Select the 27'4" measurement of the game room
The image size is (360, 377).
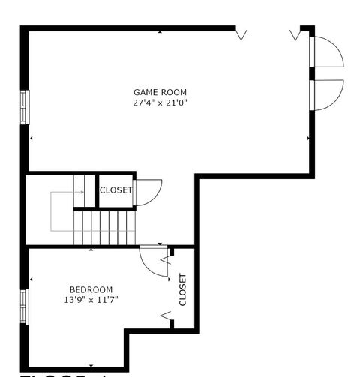pos(143,103)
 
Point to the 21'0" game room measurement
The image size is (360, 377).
pos(174,103)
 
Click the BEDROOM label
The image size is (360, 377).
pos(91,289)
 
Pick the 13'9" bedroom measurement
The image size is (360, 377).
pos(76,300)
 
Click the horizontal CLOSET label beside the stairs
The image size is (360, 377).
pos(115,190)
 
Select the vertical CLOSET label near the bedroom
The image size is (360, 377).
pos(182,289)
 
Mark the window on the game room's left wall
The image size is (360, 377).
pos(25,106)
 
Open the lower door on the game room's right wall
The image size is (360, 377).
pos(327,94)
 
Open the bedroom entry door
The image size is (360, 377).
pos(154,260)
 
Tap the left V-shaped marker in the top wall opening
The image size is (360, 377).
pos(241,34)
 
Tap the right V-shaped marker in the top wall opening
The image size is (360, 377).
pos(295,34)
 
